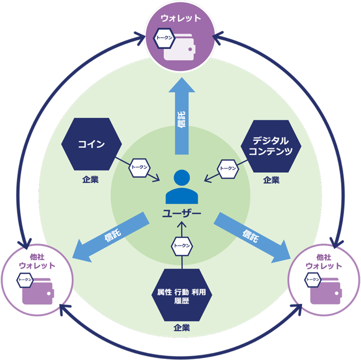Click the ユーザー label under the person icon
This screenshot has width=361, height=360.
click(x=181, y=213)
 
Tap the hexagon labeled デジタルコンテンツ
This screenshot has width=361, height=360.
click(x=270, y=146)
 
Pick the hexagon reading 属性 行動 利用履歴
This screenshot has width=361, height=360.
click(x=181, y=296)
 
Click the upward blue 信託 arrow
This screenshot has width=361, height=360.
click(x=181, y=117)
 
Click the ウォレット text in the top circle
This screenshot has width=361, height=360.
click(x=181, y=19)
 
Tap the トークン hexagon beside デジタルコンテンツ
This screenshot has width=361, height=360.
click(x=228, y=168)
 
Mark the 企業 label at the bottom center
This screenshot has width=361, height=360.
click(x=182, y=328)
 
